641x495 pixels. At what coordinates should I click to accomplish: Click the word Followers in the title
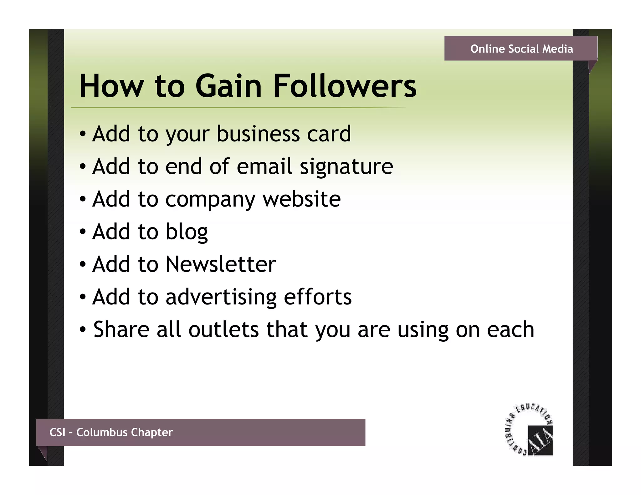tap(345, 86)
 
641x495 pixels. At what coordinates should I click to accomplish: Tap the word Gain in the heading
tap(228, 86)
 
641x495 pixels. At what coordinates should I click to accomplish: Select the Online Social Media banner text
tap(521, 49)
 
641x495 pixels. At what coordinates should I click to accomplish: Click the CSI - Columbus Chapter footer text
tap(111, 432)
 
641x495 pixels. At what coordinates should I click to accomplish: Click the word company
tap(210, 200)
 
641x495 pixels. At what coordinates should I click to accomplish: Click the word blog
tap(187, 232)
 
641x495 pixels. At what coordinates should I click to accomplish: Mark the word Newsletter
tap(221, 264)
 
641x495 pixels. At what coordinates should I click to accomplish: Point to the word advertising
tap(221, 297)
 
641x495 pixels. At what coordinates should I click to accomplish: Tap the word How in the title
tap(112, 86)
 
